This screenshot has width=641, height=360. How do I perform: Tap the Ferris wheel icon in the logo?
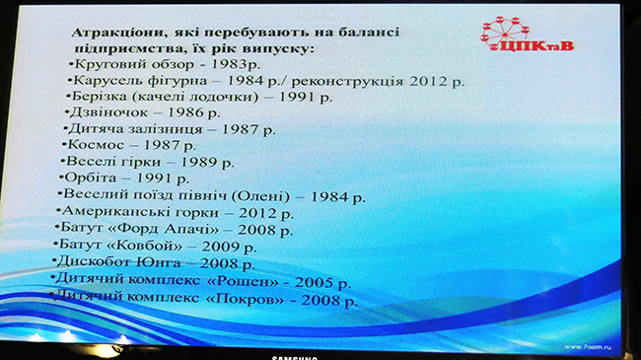tap(505, 33)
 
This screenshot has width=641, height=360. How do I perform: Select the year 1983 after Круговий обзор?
tap(230, 64)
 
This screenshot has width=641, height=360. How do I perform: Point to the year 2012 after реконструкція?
tap(428, 81)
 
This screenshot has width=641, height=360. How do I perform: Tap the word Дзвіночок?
tap(108, 112)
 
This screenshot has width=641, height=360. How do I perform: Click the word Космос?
tap(96, 145)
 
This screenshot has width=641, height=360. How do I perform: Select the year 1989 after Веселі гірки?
tap(198, 162)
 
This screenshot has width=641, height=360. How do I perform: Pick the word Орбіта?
tap(91, 178)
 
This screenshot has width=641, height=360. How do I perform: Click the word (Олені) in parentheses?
tap(260, 196)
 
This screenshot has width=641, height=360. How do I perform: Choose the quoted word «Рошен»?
tap(242, 281)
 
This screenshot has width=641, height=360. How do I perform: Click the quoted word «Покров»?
tap(245, 299)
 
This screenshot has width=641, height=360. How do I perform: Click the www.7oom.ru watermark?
tap(588, 347)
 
